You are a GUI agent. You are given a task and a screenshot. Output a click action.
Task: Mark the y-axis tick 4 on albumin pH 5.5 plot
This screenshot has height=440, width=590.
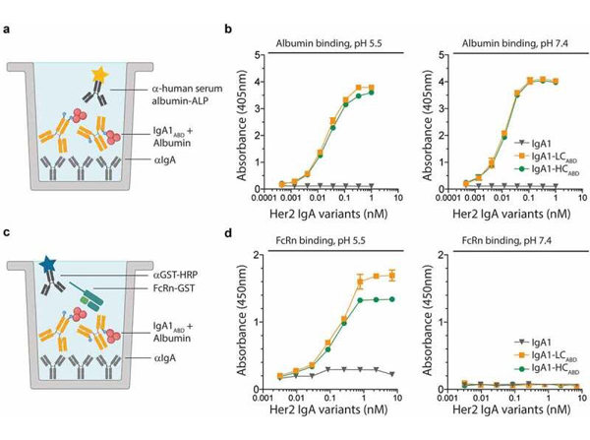(257, 82)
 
